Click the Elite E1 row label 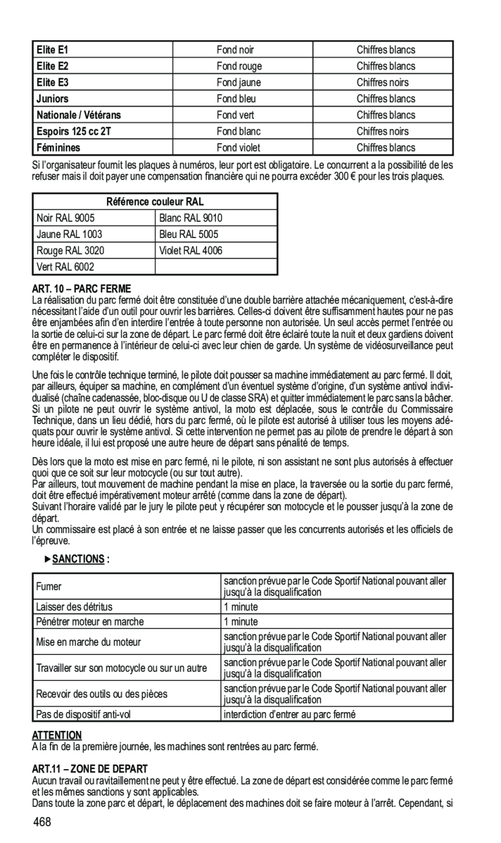click(52, 50)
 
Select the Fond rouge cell click(235, 66)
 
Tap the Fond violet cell click(238, 148)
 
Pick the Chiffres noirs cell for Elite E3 click(382, 82)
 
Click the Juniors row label click(52, 99)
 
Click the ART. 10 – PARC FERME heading click(82, 287)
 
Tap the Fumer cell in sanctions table click(49, 587)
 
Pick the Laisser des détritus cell click(75, 608)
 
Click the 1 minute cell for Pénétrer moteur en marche click(241, 622)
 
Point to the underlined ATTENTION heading click(58, 735)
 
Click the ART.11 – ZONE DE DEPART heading click(88, 768)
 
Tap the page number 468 click(43, 823)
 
